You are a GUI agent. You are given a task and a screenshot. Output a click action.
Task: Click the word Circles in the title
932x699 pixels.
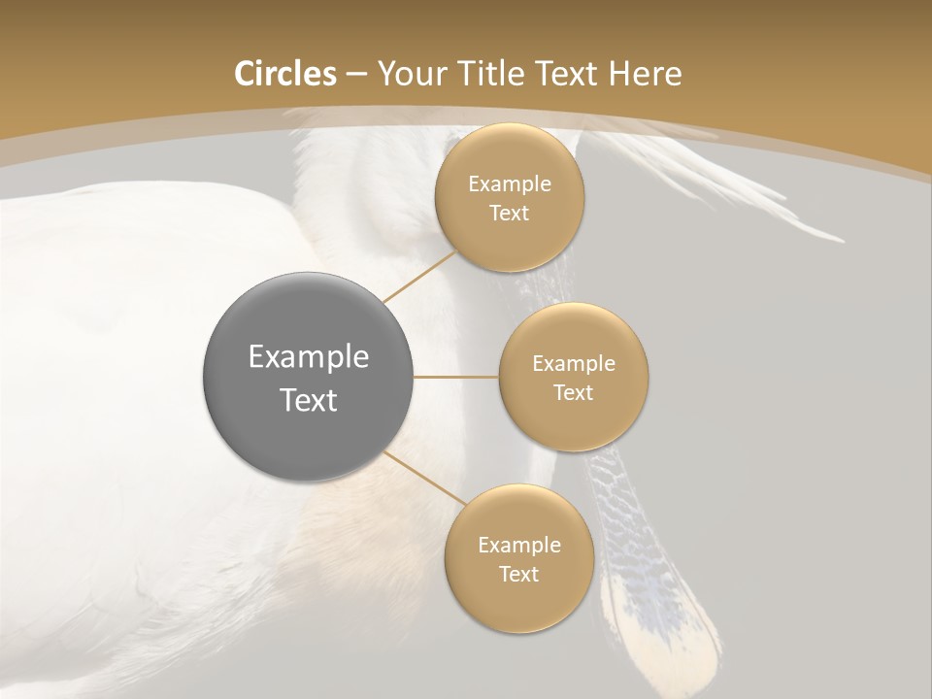tap(284, 74)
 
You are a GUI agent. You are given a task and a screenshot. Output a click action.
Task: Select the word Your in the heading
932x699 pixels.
tap(411, 74)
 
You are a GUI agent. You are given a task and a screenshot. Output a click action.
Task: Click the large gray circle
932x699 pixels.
tap(309, 320)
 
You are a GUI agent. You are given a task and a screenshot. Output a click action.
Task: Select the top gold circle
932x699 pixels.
tap(509, 238)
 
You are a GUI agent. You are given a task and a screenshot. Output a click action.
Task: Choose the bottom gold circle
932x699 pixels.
tap(518, 602)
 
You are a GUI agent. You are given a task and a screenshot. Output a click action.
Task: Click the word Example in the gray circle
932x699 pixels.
tap(309, 357)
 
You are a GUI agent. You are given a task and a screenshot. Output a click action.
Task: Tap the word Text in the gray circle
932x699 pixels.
tap(309, 400)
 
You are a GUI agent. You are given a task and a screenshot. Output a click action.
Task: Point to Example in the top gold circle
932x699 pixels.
tap(509, 183)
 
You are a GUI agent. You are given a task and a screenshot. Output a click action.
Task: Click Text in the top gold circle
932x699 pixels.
tap(509, 213)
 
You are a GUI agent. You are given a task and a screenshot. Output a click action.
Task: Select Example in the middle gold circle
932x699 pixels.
tap(574, 363)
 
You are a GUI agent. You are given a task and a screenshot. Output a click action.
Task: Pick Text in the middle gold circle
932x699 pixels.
tap(574, 392)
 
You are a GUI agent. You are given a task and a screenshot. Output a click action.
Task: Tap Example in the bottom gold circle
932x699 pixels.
tap(518, 545)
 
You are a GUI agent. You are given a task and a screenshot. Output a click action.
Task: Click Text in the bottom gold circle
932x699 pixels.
tap(518, 574)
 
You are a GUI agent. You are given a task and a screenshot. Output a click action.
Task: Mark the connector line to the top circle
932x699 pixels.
tap(420, 277)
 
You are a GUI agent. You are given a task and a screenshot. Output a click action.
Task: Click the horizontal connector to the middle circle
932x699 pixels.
tap(456, 377)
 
